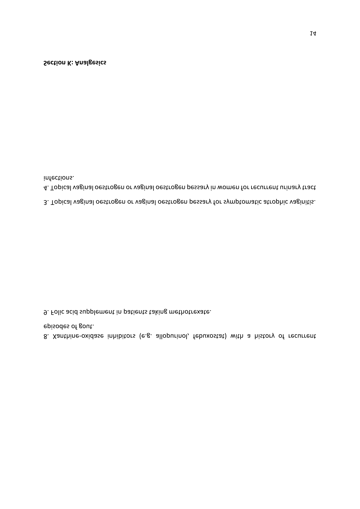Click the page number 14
click(x=313, y=34)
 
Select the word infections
click(x=59, y=177)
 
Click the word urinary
click(x=285, y=187)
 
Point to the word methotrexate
click(x=190, y=312)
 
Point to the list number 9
click(x=46, y=312)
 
